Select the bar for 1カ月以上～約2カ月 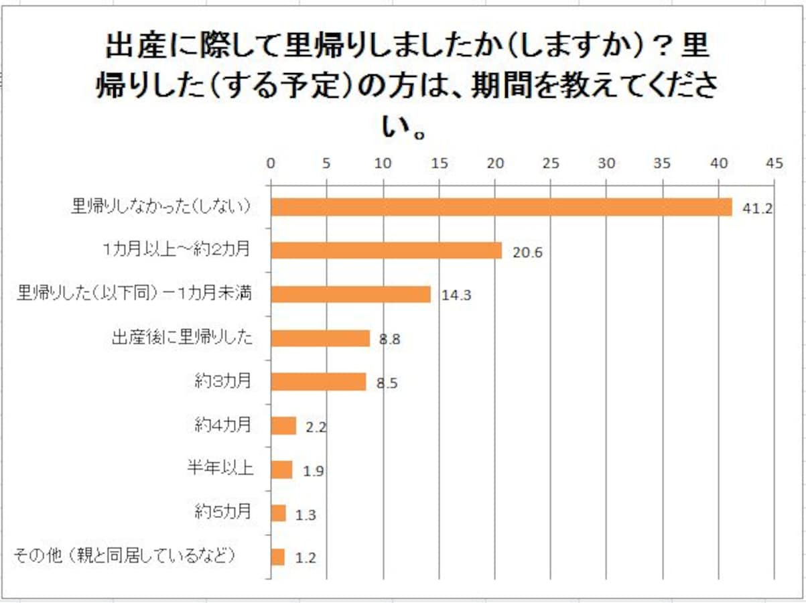click(386, 251)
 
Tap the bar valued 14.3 click(350, 294)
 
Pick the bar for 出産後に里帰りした click(320, 338)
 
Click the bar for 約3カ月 click(318, 382)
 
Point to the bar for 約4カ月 click(283, 425)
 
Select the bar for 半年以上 click(281, 470)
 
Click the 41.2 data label click(757, 208)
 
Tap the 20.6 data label click(527, 252)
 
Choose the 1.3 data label click(304, 515)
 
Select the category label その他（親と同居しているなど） click(126, 555)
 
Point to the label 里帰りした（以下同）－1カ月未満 click(134, 293)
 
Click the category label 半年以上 click(219, 468)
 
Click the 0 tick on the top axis click(270, 163)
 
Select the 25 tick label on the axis click(550, 163)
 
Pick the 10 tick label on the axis click(382, 163)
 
